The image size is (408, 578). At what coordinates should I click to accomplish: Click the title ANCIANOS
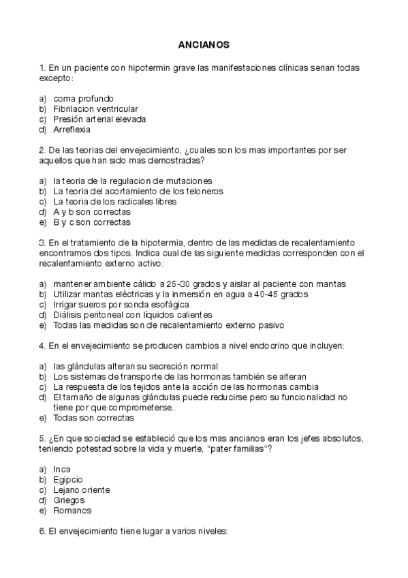[204, 45]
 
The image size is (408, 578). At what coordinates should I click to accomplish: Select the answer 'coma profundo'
[83, 98]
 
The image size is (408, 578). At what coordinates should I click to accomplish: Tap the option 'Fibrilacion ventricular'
[95, 108]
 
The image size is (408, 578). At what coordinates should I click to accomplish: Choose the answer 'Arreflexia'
[72, 129]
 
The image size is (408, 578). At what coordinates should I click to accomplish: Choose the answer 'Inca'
[62, 470]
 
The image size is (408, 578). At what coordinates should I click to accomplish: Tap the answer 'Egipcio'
[67, 480]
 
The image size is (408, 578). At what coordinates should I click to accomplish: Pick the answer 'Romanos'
[72, 511]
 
